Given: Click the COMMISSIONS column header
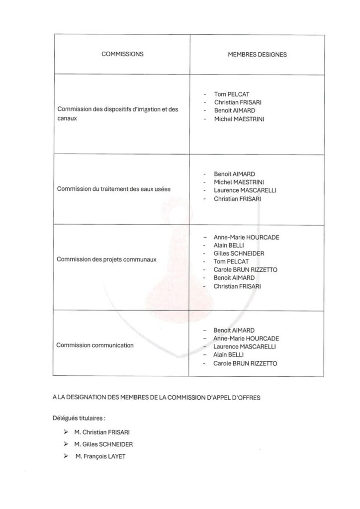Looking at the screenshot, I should [122, 54].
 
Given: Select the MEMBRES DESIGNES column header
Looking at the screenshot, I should [257, 55].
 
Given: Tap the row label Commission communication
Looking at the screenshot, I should [95, 345].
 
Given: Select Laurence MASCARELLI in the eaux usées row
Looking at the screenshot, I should [245, 190].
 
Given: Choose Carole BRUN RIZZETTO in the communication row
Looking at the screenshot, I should [245, 363].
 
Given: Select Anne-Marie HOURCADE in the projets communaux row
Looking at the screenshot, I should [246, 237].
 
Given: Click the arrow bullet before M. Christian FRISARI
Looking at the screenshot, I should [66, 432].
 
